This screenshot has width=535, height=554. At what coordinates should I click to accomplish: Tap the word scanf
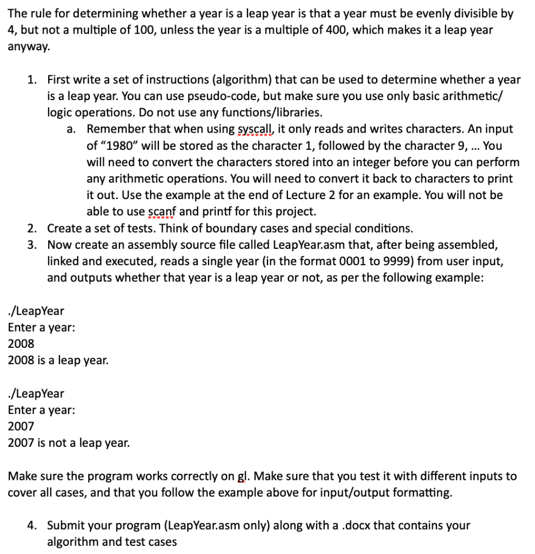(x=163, y=212)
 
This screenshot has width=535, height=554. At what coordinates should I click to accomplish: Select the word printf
(x=209, y=212)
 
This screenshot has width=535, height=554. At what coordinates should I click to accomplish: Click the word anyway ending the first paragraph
(x=28, y=47)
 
